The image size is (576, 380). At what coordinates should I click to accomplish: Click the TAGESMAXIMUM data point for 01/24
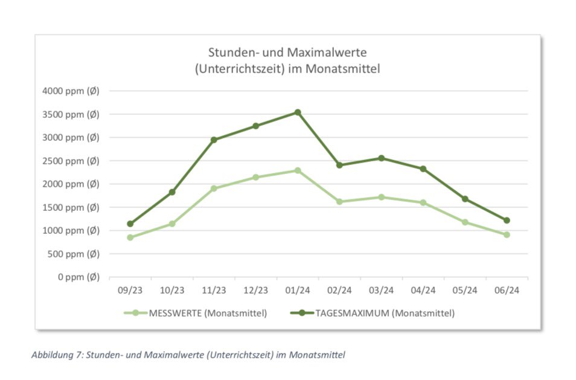[x=298, y=112]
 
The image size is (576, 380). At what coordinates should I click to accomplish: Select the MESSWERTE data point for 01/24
[x=298, y=170]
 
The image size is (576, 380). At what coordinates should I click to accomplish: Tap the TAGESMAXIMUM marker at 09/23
[x=130, y=224]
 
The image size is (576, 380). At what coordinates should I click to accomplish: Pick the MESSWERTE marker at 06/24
[x=507, y=234]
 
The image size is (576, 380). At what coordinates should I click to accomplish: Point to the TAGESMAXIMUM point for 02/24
[x=339, y=165]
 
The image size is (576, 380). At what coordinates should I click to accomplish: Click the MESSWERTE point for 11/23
[x=214, y=188]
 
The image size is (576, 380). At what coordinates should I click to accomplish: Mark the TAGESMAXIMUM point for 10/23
[x=172, y=192]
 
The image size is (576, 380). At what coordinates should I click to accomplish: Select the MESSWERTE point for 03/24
[x=381, y=197]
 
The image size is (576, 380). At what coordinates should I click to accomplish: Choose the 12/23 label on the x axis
[x=255, y=291]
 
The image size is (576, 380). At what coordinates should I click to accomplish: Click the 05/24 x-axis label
[x=465, y=291]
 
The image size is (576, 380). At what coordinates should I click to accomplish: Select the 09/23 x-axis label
[x=130, y=291]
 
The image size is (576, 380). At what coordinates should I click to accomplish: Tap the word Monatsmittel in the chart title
[x=344, y=69]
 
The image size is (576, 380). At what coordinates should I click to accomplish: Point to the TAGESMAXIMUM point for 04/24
[x=423, y=169]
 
